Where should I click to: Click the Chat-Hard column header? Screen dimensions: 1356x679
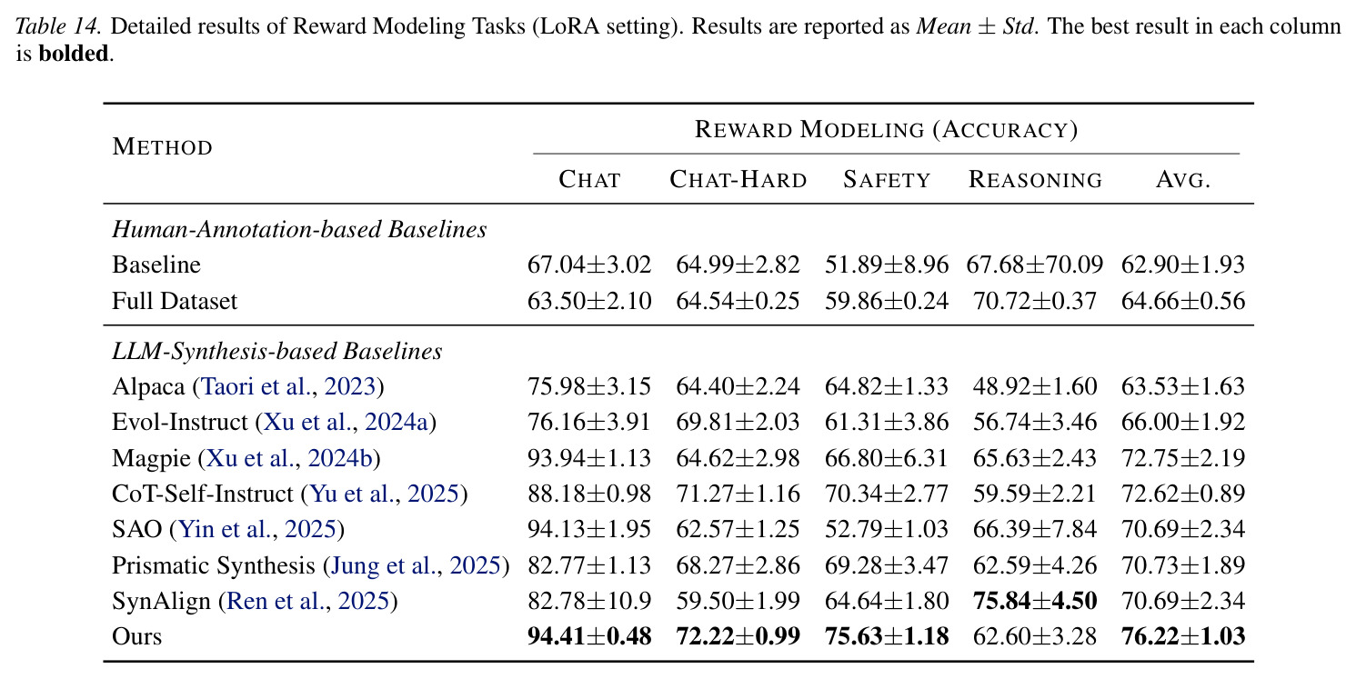click(x=738, y=180)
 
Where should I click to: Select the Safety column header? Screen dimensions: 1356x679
click(x=887, y=180)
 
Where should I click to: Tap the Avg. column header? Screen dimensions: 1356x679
click(x=1183, y=180)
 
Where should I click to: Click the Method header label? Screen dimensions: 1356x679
click(x=162, y=147)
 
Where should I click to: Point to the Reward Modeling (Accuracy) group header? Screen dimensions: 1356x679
click(x=886, y=129)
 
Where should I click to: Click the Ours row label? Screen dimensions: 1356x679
click(x=136, y=636)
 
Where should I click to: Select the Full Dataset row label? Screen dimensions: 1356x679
click(x=175, y=302)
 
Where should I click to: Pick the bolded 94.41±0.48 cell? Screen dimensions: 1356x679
click(x=589, y=636)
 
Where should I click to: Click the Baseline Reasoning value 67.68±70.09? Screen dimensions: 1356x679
click(x=1035, y=265)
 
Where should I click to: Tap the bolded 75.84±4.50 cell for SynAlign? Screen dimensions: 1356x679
click(x=1035, y=601)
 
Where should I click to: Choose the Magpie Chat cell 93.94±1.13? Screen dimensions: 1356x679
click(x=589, y=458)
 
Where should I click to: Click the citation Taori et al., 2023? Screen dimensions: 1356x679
click(x=288, y=386)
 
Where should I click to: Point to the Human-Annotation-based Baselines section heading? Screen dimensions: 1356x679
click(x=299, y=230)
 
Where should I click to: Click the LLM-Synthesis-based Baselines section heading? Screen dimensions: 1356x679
click(x=277, y=352)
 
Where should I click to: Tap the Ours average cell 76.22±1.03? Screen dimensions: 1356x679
click(x=1183, y=636)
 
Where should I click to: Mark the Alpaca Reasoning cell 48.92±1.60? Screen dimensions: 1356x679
click(x=1035, y=386)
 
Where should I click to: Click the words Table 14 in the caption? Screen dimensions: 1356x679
click(x=58, y=26)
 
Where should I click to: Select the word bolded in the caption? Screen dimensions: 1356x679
click(x=74, y=54)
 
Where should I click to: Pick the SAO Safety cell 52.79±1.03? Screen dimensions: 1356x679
click(x=886, y=530)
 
